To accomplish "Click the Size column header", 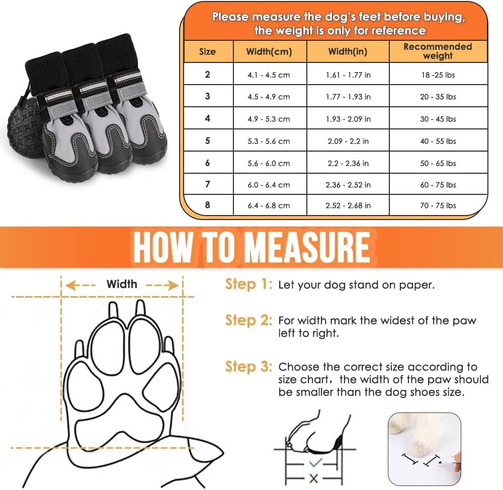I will (207, 51).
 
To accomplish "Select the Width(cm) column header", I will (269, 51).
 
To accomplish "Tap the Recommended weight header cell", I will (438, 51).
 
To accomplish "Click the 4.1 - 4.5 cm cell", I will (269, 75).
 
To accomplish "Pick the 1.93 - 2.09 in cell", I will (348, 119).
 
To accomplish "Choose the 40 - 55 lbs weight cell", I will (438, 141).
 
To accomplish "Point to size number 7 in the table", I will (207, 184).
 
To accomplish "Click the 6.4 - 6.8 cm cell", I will (269, 205).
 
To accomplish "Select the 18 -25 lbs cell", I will (438, 75).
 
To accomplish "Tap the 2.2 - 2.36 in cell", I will (348, 163).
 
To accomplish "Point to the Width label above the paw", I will (122, 284).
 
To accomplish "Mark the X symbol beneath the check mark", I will (314, 478).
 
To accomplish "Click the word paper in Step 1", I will (415, 285).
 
